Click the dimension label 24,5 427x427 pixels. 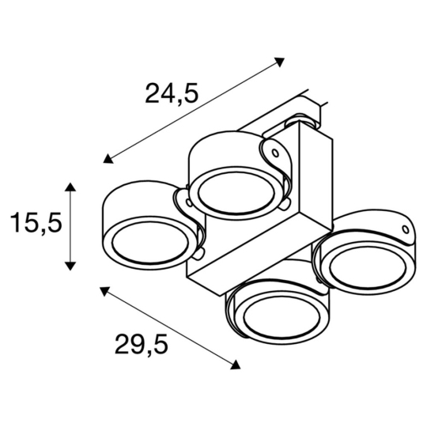click(172, 92)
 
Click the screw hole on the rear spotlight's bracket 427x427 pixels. click(274, 150)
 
